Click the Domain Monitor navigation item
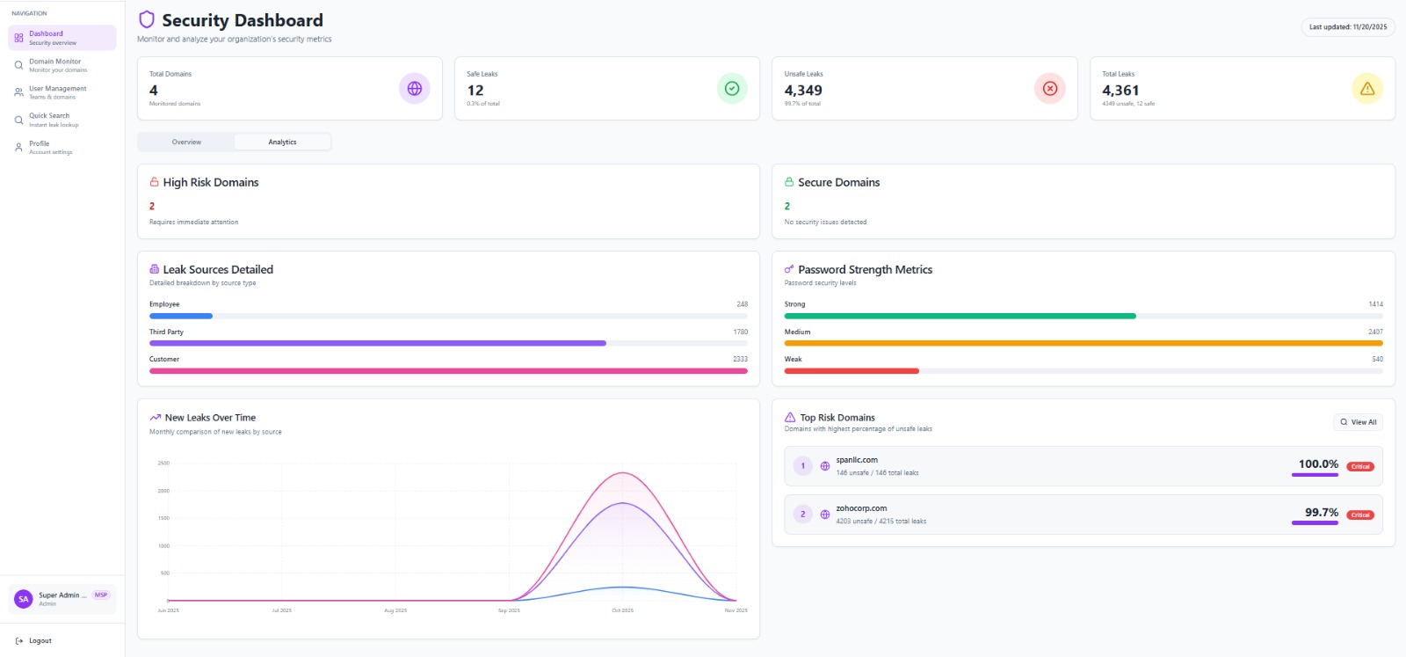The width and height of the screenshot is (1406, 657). click(54, 65)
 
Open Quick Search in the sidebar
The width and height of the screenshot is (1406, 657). click(49, 119)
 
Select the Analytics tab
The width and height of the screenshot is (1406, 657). click(282, 142)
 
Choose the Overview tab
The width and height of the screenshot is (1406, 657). click(186, 142)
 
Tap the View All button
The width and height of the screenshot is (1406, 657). click(1358, 422)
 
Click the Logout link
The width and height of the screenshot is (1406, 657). click(40, 640)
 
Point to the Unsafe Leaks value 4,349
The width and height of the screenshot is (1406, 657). click(803, 90)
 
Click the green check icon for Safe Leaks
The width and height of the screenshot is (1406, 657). click(731, 88)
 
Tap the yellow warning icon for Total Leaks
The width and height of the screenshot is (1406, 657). click(1366, 88)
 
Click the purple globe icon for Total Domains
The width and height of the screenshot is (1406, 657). click(414, 88)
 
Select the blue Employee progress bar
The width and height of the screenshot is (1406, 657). click(181, 316)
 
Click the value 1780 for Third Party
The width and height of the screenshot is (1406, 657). click(740, 332)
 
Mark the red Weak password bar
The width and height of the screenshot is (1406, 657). click(851, 371)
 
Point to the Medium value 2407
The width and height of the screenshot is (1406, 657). click(1374, 332)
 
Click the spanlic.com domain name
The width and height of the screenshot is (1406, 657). click(857, 460)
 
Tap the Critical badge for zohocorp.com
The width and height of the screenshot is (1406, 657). click(1360, 515)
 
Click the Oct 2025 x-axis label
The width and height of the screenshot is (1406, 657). click(622, 610)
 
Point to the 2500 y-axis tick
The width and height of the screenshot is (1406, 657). click(163, 463)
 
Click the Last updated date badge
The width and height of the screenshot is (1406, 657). click(1347, 27)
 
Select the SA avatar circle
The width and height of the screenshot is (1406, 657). click(24, 599)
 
